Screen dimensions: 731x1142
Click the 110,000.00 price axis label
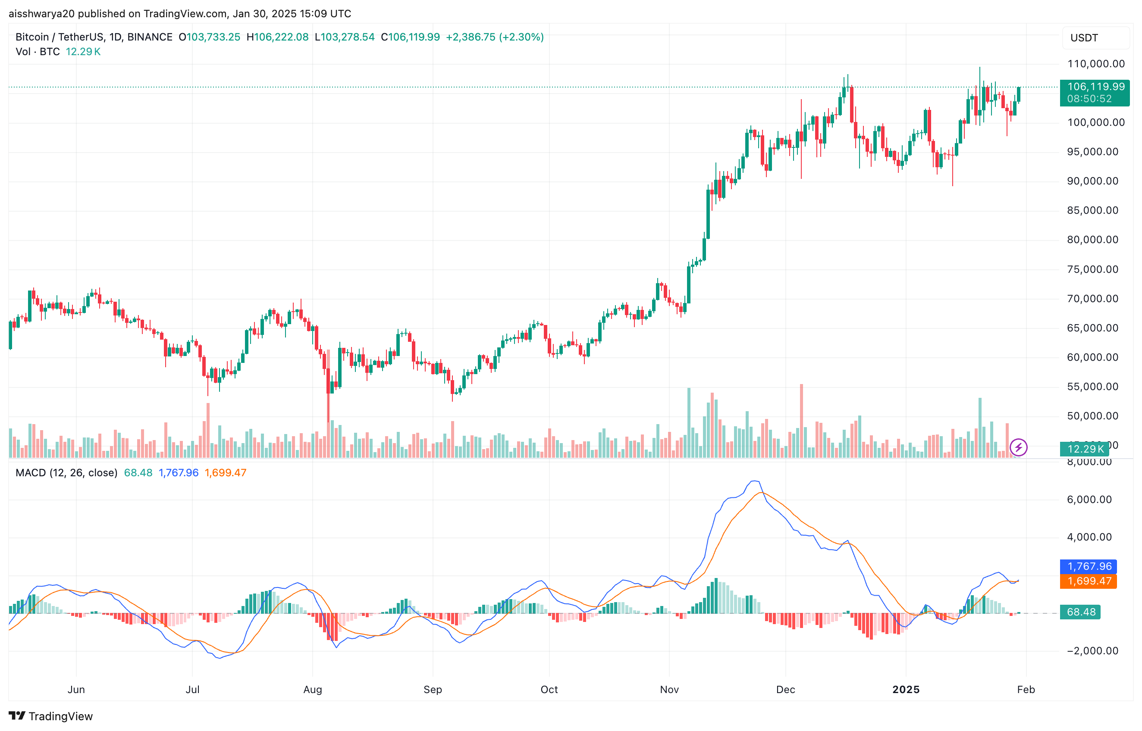click(1095, 64)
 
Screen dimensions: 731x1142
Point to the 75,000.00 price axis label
click(1092, 269)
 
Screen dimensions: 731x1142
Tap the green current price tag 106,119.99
click(1095, 87)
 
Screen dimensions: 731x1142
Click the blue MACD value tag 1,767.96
click(1089, 566)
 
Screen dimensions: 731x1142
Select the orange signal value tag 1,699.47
click(1089, 581)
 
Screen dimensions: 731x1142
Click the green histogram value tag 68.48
click(1080, 612)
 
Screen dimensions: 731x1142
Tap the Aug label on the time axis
click(312, 689)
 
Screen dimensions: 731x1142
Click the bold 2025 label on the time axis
click(906, 689)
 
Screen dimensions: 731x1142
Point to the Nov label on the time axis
click(669, 689)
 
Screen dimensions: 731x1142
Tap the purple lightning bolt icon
click(1018, 447)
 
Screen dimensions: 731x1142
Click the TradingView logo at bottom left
click(51, 716)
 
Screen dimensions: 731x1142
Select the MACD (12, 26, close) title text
click(66, 473)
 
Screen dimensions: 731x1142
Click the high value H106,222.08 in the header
click(277, 37)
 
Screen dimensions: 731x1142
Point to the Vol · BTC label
click(38, 52)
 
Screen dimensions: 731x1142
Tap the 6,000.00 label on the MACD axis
click(1089, 500)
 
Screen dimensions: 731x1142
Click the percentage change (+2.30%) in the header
click(521, 37)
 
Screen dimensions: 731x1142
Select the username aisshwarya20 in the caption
click(42, 13)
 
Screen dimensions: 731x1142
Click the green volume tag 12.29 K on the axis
click(1085, 449)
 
